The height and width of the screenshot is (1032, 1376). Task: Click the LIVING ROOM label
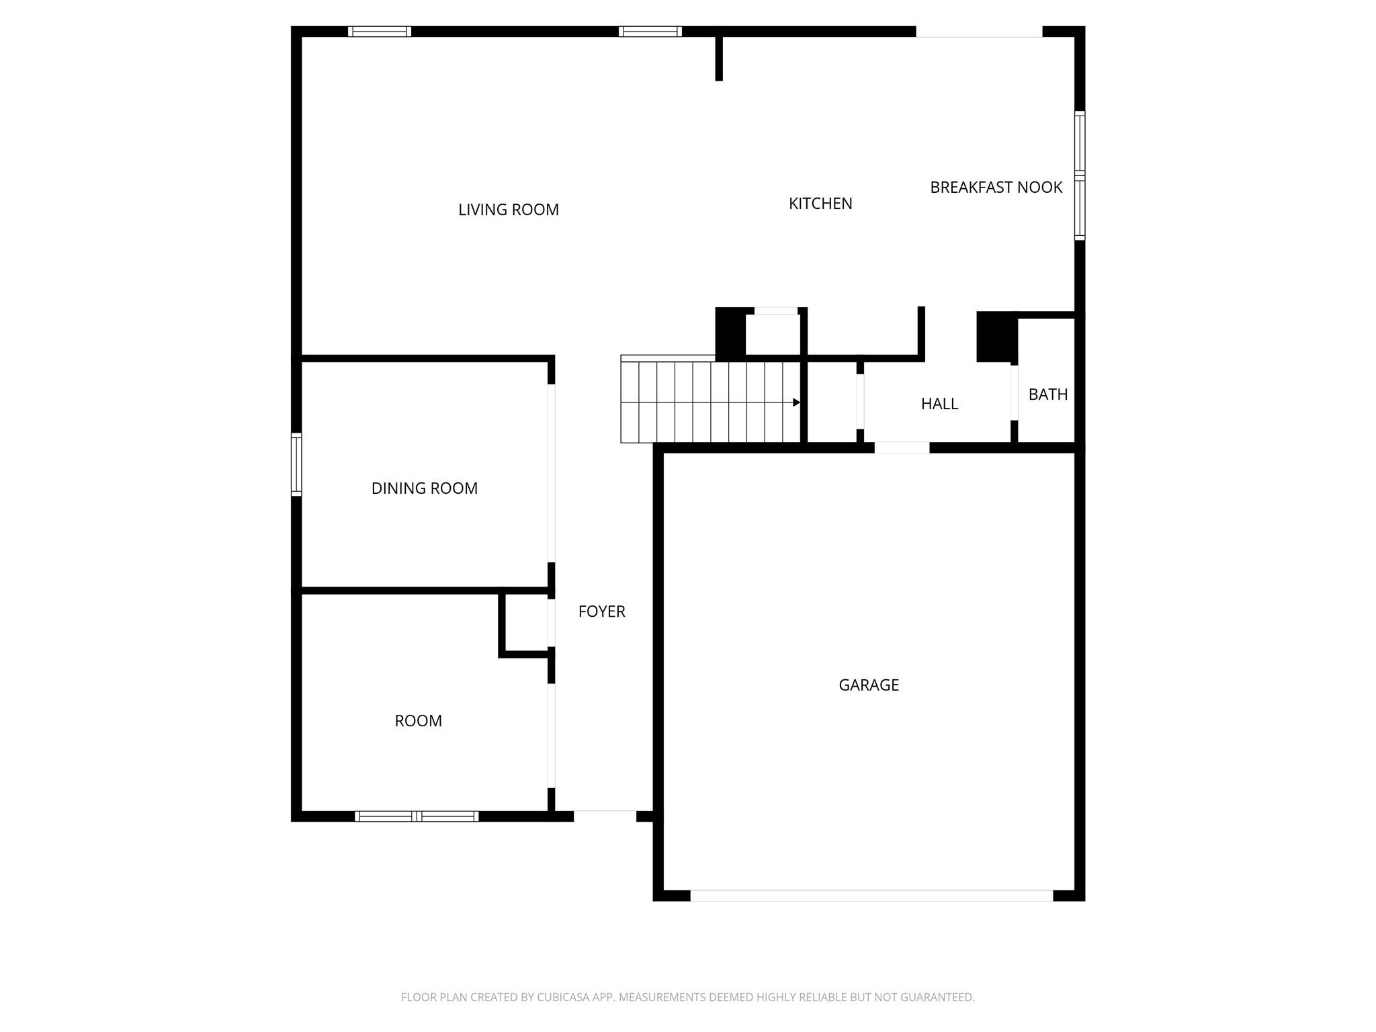coord(508,210)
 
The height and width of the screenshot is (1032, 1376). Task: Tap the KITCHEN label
coord(820,204)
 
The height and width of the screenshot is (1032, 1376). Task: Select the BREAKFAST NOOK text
coord(996,187)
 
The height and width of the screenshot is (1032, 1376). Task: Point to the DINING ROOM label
coord(424,488)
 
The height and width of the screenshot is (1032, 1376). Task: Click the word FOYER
coord(601,611)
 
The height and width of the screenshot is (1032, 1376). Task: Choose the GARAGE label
coord(868,685)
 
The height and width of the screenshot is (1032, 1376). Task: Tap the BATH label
coord(1047,394)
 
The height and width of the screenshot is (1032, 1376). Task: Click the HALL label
coord(939,404)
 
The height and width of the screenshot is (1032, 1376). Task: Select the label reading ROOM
coord(418,721)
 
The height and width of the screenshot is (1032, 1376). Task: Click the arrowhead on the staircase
coord(796,402)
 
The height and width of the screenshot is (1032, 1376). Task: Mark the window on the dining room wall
coord(296,464)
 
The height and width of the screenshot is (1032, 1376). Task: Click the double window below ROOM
coord(417,816)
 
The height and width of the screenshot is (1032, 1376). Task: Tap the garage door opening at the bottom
coord(871,896)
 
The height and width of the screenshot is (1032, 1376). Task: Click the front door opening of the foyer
coord(604,816)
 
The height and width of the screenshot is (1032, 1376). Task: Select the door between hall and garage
coord(902,448)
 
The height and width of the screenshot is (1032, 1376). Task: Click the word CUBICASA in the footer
coord(563,997)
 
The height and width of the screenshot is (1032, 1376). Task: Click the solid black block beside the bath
coord(996,337)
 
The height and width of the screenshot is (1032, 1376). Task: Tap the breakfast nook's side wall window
coord(1079,175)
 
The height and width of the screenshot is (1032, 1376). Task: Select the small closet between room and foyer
coord(527,623)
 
